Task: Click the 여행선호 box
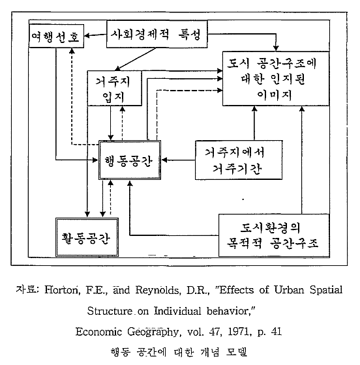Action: tap(56, 36)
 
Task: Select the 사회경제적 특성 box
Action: tap(157, 34)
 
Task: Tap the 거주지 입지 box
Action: tap(115, 88)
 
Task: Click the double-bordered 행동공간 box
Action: tap(130, 160)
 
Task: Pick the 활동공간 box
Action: tap(87, 237)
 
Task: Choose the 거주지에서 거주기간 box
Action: tap(239, 160)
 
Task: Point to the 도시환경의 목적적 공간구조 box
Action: tap(274, 235)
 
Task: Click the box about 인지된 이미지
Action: tap(276, 79)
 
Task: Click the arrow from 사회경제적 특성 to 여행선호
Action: tap(95, 35)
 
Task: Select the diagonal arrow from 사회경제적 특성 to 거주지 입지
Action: tap(135, 59)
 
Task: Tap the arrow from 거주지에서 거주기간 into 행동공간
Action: tap(178, 160)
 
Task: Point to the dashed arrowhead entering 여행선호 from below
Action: tap(72, 51)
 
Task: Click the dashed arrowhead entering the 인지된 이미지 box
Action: tap(220, 90)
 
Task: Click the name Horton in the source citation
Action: tap(61, 290)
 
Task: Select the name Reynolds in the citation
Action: tap(158, 290)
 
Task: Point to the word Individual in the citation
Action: tap(177, 311)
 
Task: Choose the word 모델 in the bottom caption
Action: tap(236, 352)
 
